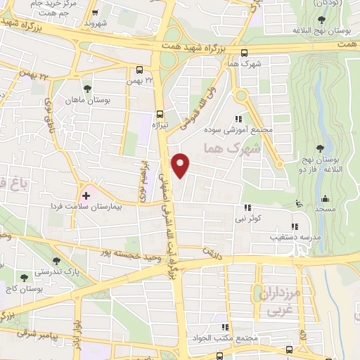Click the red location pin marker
[x=181, y=166]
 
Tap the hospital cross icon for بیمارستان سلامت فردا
[x=86, y=194]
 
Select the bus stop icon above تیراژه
[x=160, y=114]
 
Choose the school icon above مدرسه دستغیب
[x=295, y=226]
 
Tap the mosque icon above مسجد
[x=327, y=198]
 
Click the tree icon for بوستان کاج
[x=26, y=278]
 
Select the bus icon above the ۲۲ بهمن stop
[x=140, y=70]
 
